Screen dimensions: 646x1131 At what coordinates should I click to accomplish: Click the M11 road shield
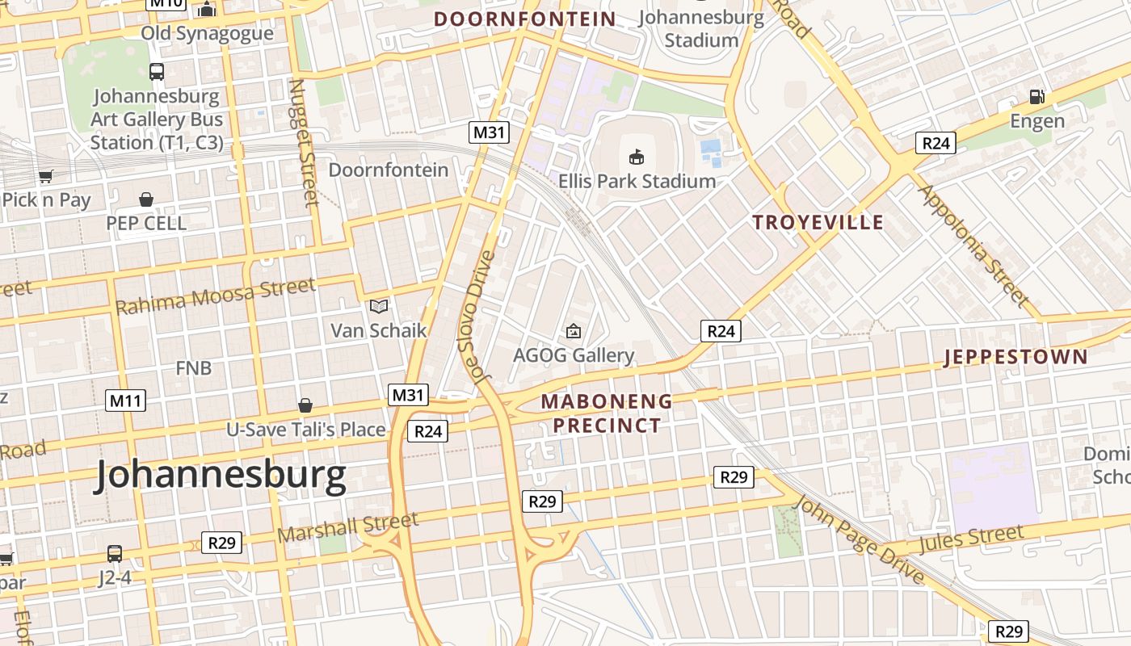click(x=125, y=400)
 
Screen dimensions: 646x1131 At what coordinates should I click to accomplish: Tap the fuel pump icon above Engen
click(x=1037, y=97)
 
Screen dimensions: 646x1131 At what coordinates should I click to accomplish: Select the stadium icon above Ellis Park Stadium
click(x=637, y=157)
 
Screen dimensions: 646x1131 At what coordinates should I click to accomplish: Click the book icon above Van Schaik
click(x=379, y=306)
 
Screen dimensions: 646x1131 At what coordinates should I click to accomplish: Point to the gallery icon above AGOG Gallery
click(x=574, y=330)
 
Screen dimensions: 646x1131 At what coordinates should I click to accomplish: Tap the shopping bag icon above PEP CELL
click(x=146, y=199)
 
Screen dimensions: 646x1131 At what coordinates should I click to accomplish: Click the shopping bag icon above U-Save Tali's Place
click(x=305, y=405)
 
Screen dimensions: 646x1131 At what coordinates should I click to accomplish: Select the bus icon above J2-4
click(x=115, y=554)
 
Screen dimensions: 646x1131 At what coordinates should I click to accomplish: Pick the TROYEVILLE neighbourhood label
click(x=818, y=223)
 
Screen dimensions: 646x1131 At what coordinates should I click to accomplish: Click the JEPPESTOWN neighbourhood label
click(x=1015, y=357)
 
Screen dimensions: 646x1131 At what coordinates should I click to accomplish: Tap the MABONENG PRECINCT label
click(x=607, y=413)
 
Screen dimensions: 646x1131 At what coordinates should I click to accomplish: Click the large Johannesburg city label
click(x=221, y=476)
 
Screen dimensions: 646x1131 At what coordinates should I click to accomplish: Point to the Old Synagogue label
click(x=207, y=33)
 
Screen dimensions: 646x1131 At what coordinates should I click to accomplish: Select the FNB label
click(x=194, y=368)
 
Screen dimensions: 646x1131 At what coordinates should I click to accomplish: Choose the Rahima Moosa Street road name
click(x=216, y=296)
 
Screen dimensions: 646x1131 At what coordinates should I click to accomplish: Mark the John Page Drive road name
click(x=860, y=539)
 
